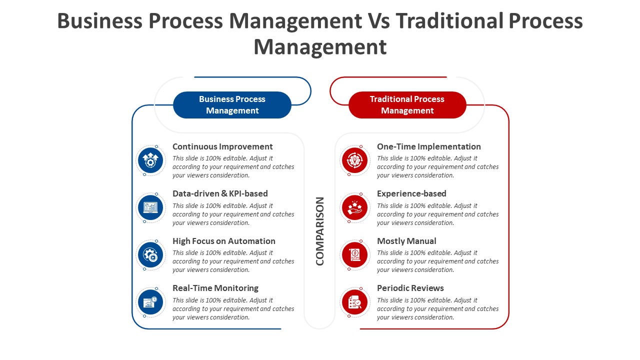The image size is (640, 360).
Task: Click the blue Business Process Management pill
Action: click(232, 105)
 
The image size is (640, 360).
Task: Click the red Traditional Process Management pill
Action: click(407, 105)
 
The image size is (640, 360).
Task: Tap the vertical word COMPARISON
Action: click(319, 231)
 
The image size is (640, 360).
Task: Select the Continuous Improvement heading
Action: click(222, 146)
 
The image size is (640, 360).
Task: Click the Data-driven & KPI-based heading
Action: click(220, 193)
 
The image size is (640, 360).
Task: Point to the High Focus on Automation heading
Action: click(224, 241)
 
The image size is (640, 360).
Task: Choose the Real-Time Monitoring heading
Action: click(215, 288)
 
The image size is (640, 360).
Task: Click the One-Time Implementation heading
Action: click(429, 146)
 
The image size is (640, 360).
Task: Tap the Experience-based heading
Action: click(411, 193)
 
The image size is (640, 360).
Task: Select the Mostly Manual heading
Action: click(406, 241)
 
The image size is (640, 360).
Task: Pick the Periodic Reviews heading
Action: click(410, 288)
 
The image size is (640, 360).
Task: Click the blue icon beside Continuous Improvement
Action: click(150, 160)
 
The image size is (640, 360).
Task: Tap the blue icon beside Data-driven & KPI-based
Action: click(150, 207)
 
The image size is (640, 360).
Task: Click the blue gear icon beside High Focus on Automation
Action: click(150, 255)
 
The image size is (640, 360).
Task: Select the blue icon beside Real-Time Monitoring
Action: click(150, 302)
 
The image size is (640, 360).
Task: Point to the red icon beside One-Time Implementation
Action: click(355, 160)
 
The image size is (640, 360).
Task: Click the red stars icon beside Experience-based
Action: click(355, 207)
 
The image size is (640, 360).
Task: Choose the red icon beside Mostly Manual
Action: click(355, 255)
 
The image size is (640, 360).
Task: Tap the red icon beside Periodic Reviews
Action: click(355, 302)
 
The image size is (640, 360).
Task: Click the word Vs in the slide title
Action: click(379, 21)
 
